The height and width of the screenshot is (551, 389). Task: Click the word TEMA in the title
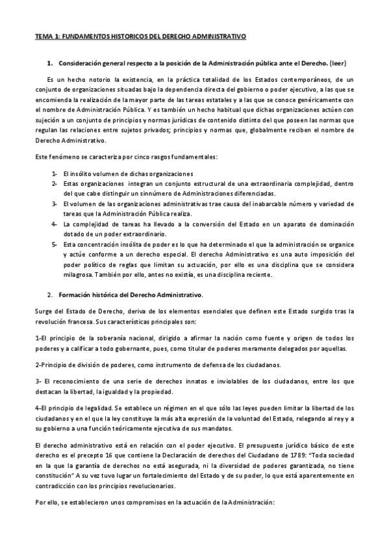[x=44, y=38]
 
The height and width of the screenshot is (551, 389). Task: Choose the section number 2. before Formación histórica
[x=50, y=294]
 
